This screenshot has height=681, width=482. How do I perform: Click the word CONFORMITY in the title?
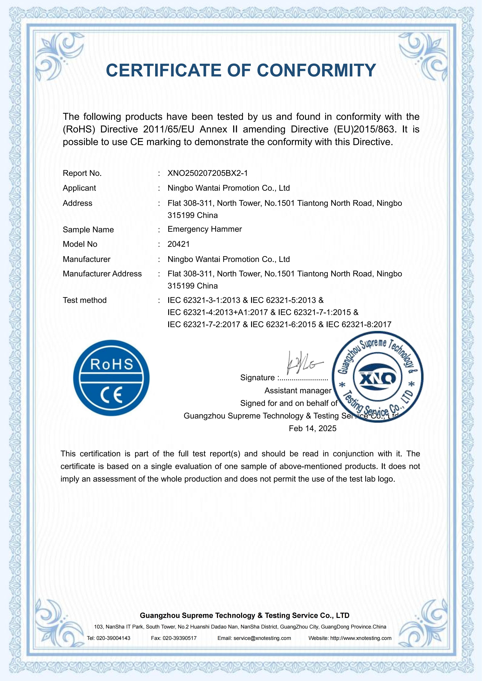pos(316,71)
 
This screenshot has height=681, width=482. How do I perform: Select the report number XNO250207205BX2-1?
pos(208,173)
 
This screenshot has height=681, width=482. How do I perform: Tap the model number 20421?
pos(178,244)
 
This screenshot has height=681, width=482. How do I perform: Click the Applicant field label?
pos(79,188)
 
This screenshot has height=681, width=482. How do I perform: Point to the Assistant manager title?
pos(298,391)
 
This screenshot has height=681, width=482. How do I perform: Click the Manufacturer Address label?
pos(102,274)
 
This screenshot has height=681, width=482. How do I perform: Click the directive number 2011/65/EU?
pos(169,129)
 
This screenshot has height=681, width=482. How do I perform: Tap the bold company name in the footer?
pos(245,615)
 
